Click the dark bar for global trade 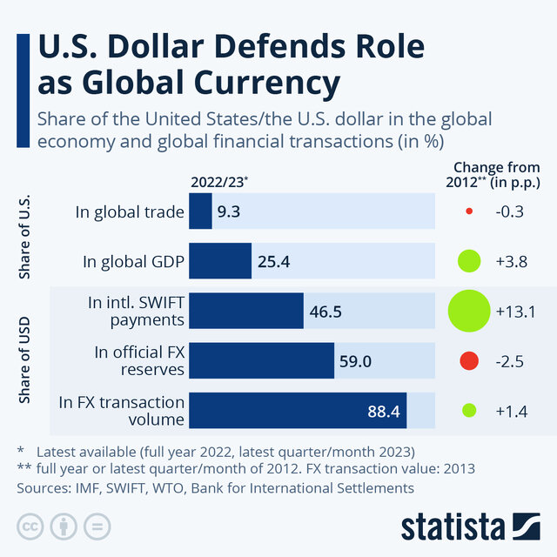(200, 211)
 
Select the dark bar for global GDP (220, 260)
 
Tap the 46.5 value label (325, 311)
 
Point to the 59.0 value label (355, 360)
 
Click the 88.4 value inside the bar (383, 410)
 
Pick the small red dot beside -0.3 (469, 211)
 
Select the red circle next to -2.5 (469, 360)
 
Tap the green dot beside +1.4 (469, 410)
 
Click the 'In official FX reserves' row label (139, 360)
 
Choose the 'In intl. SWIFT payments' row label (137, 311)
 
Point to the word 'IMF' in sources (84, 488)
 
